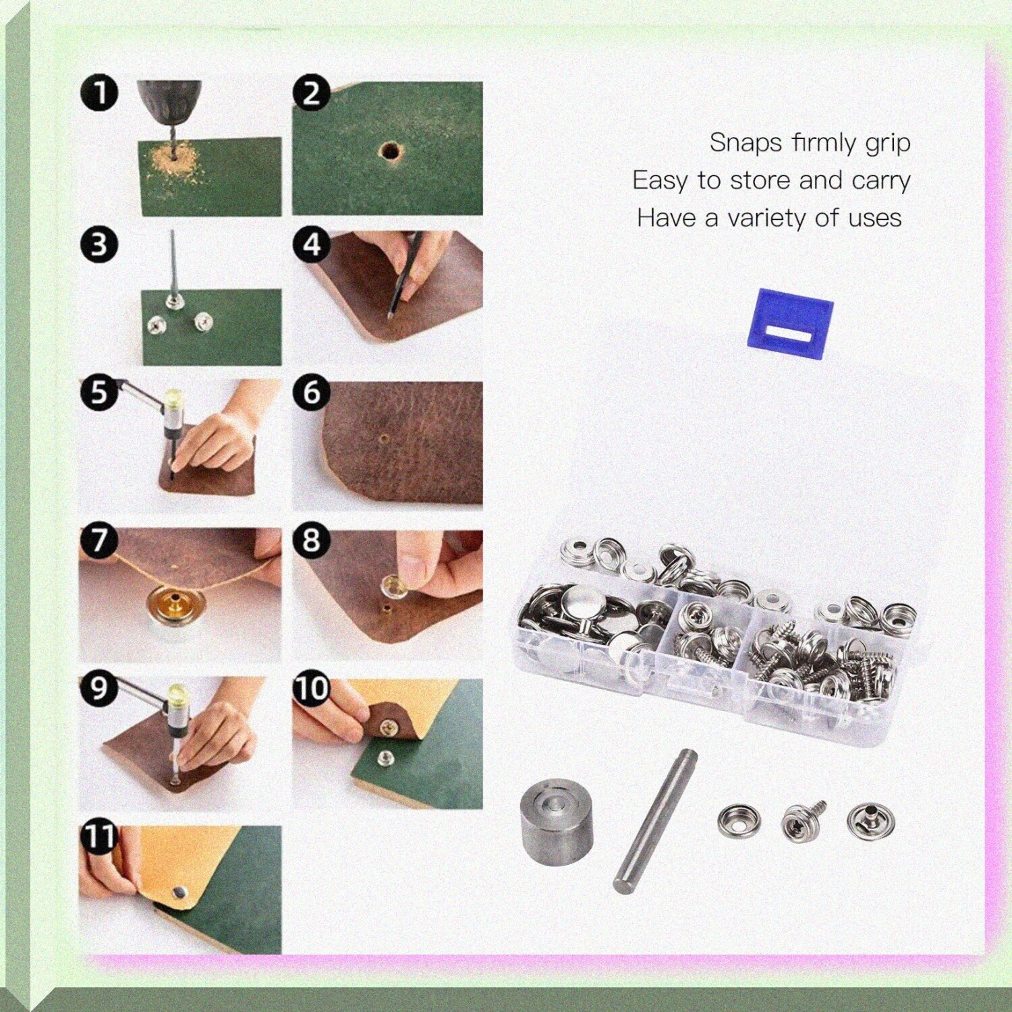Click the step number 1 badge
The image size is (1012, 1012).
tap(99, 94)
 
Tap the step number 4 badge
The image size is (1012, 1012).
tap(311, 244)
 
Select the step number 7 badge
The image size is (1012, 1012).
tap(99, 540)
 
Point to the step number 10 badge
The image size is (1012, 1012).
tap(311, 688)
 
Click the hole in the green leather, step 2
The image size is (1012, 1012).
tap(389, 150)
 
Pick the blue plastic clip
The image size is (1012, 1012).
tap(791, 323)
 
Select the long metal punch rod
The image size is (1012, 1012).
tap(655, 820)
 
